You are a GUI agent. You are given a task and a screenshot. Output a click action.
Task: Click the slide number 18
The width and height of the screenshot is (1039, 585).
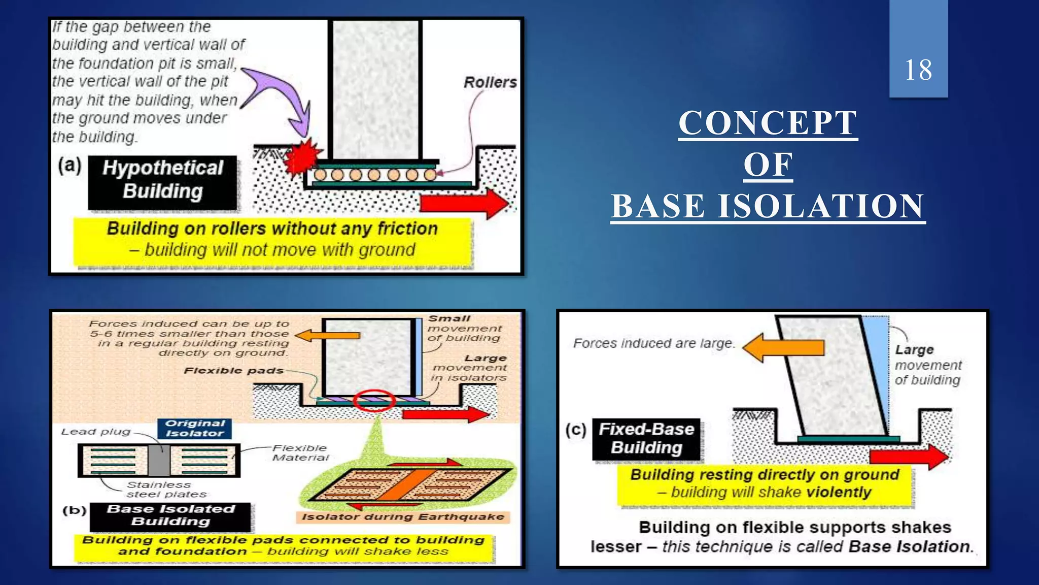click(x=918, y=70)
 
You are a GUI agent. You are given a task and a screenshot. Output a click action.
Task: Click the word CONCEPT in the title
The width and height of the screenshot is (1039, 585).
click(x=768, y=123)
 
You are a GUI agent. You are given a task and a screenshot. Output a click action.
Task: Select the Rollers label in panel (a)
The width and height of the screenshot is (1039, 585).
click(x=490, y=82)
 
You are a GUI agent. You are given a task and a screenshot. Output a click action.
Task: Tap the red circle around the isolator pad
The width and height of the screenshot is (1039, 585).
click(x=374, y=400)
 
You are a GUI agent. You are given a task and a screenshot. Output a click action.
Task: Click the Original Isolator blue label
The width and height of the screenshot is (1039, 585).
click(x=195, y=428)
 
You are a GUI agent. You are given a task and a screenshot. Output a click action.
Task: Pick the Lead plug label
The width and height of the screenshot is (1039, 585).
click(x=95, y=432)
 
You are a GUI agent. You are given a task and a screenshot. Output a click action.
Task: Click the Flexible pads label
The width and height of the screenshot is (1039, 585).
click(x=233, y=371)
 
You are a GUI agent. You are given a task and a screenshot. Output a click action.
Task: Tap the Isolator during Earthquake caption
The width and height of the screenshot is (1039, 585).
click(x=403, y=517)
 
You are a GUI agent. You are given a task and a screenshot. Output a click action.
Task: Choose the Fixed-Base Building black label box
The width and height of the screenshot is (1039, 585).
click(x=646, y=439)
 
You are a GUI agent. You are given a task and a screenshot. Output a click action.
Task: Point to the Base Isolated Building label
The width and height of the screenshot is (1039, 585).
click(x=170, y=515)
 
